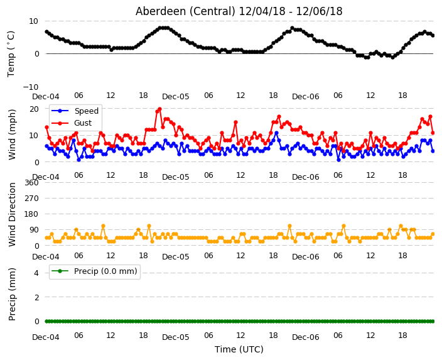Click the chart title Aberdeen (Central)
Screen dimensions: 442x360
point(185,11)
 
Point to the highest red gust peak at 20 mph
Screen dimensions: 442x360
point(160,109)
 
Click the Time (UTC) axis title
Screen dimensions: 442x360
point(239,349)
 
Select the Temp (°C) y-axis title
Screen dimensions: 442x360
point(11,54)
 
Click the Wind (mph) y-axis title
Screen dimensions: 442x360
point(12,134)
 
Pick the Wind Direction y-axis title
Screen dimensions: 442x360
point(12,214)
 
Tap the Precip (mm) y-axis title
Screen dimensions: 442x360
point(12,294)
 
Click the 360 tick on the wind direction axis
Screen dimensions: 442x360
point(31,183)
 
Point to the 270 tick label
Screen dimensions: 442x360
point(31,199)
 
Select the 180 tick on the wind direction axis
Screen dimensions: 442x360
point(31,214)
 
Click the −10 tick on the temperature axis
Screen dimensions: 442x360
point(30,87)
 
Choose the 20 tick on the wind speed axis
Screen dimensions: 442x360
point(34,109)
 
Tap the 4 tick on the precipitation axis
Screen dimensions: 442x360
point(36,273)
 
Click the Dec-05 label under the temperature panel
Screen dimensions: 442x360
point(175,97)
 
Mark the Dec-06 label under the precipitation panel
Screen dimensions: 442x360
point(306,337)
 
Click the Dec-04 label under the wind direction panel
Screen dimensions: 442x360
point(46,257)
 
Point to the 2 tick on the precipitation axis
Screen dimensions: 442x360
point(36,297)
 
